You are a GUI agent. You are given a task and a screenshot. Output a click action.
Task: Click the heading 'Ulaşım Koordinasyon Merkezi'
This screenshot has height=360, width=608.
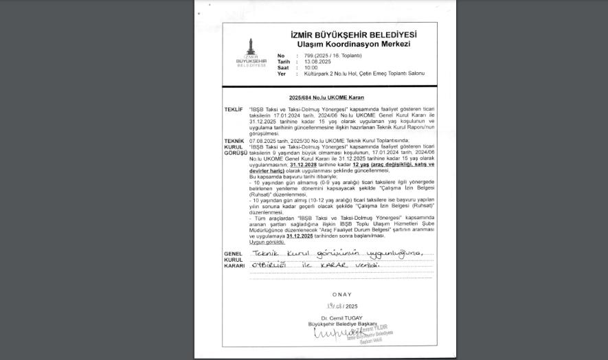[353, 44]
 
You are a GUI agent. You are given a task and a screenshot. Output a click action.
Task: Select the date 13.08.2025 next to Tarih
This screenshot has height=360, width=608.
[317, 61]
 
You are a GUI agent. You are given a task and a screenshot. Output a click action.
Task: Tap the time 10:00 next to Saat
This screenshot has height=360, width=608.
[311, 67]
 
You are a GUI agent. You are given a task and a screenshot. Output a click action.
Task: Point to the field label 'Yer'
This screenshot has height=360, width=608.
[281, 74]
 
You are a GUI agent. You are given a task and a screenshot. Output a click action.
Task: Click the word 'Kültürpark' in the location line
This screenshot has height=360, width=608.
[317, 74]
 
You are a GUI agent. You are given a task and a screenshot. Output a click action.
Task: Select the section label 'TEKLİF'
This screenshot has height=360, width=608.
[234, 109]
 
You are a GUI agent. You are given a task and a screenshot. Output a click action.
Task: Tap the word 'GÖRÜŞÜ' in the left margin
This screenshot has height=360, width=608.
[236, 152]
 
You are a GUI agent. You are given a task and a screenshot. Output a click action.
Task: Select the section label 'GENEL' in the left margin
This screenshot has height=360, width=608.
[232, 254]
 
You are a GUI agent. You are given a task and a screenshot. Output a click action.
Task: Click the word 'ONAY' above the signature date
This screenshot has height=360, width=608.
[341, 295]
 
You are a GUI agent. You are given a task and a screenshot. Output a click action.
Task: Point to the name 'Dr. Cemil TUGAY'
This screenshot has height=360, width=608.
[341, 318]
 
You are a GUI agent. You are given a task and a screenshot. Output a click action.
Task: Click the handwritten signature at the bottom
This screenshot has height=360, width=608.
[332, 333]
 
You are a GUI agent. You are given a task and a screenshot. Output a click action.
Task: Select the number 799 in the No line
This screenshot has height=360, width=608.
[308, 55]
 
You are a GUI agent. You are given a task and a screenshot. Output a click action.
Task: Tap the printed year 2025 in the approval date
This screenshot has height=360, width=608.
[352, 306]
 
